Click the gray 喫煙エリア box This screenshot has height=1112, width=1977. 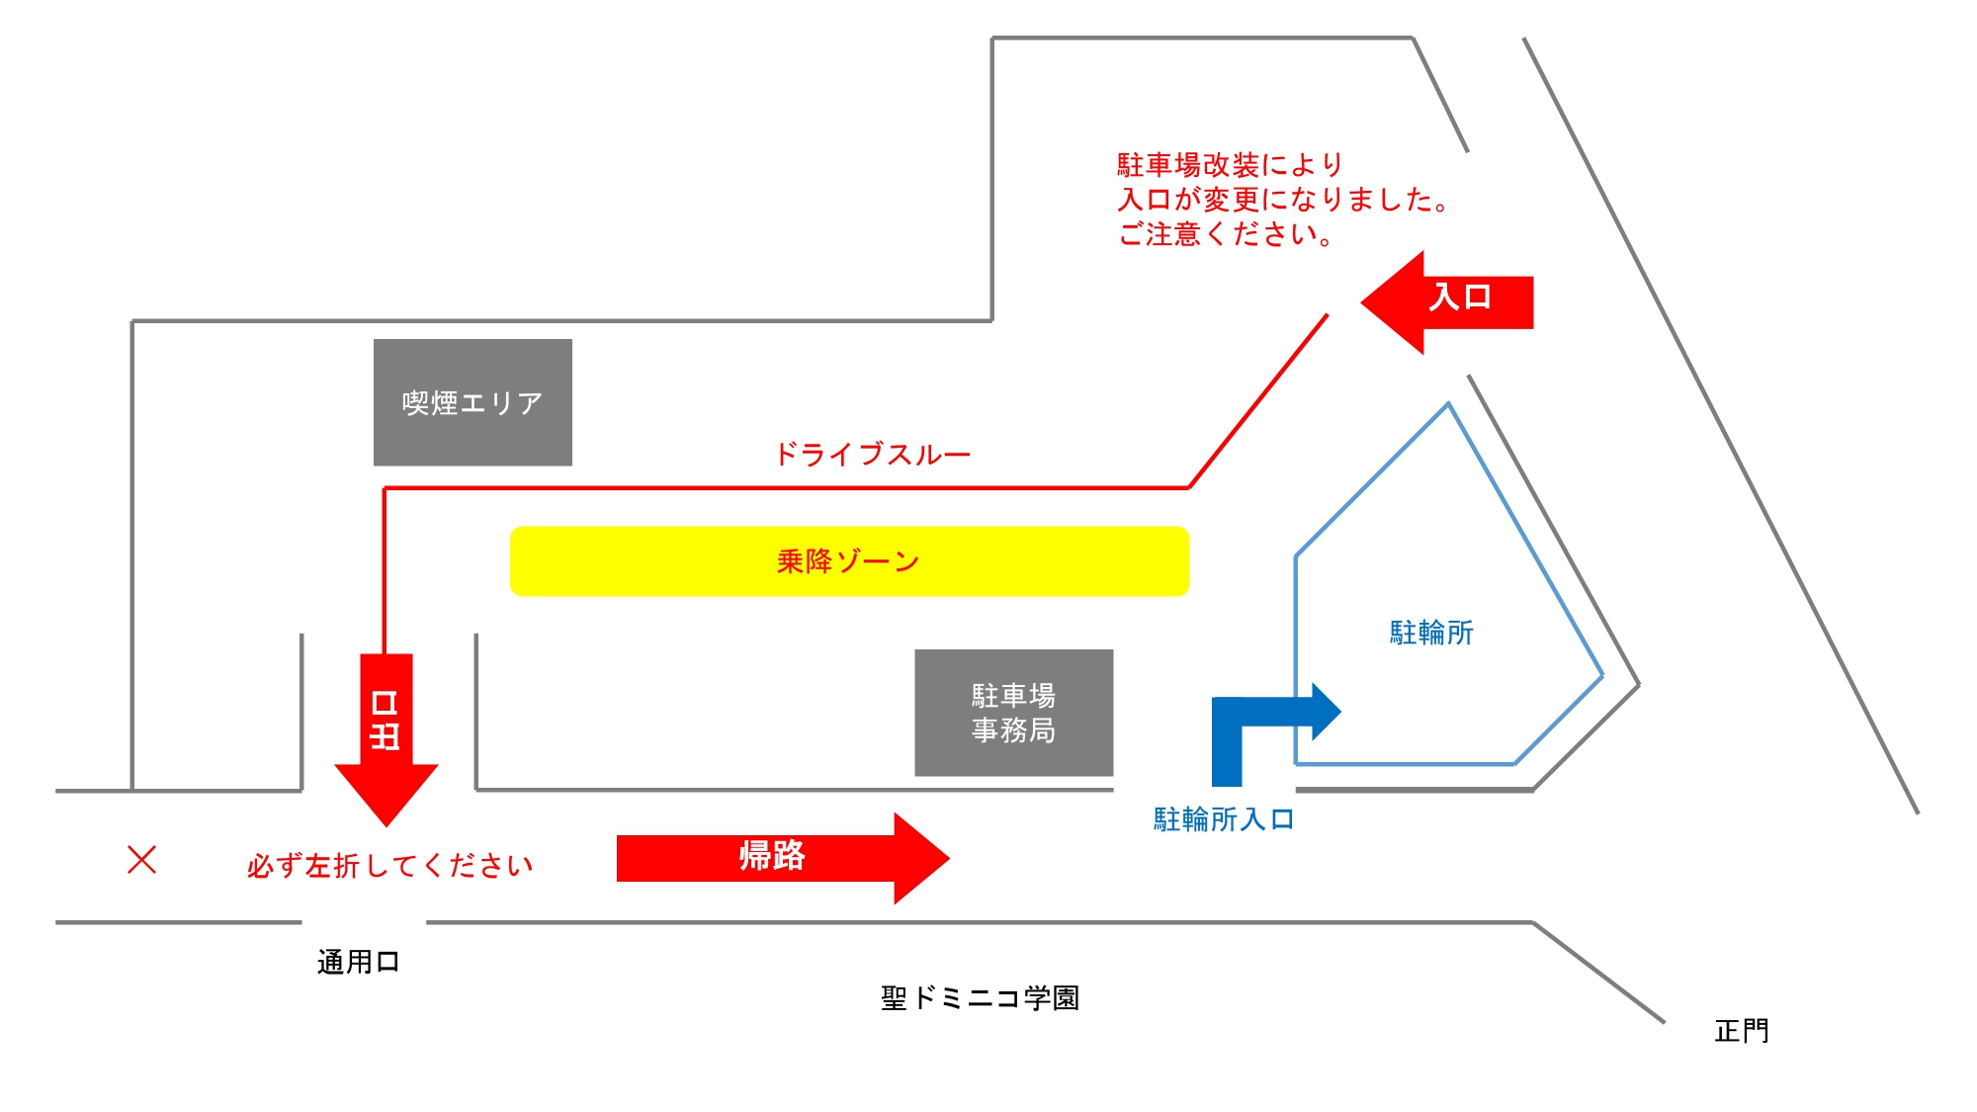[x=473, y=402]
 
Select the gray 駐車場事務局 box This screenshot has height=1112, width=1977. [x=1013, y=713]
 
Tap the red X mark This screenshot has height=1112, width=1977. [x=142, y=859]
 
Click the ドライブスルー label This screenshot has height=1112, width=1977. [x=872, y=455]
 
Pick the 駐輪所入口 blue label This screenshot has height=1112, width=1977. [x=1224, y=819]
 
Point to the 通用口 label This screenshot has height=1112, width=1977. [x=358, y=962]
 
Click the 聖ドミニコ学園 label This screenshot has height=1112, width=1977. [x=980, y=998]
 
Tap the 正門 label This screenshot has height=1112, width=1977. [x=1741, y=1031]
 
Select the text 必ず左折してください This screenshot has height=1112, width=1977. [x=389, y=866]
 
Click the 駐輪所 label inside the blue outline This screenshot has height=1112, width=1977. [x=1431, y=633]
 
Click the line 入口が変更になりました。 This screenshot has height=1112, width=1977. [x=1282, y=200]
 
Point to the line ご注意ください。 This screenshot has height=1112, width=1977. [x=1226, y=234]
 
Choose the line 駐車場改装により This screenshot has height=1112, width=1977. [x=1230, y=164]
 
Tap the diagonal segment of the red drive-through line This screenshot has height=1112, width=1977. [x=1258, y=400]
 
